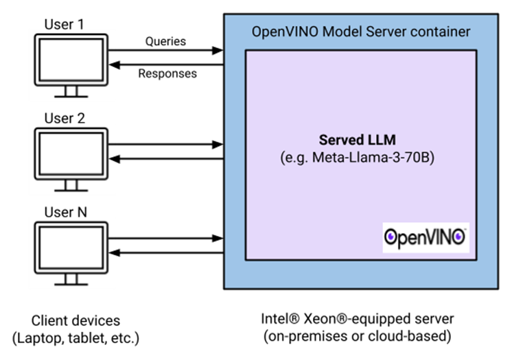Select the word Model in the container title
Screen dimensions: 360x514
[x=336, y=32]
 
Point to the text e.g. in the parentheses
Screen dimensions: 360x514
[x=296, y=158]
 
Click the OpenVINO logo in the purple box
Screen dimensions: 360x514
[x=425, y=237]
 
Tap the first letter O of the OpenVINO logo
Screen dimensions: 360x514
[x=390, y=237]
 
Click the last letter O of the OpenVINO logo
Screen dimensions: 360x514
[x=459, y=237]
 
